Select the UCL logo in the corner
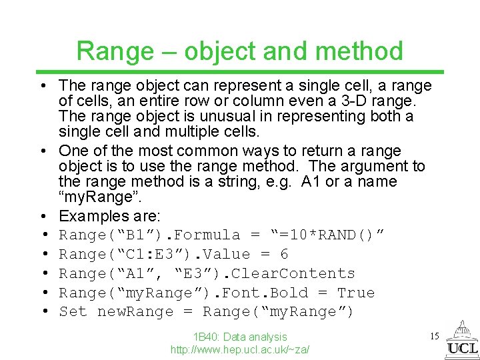462,339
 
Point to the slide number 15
434,336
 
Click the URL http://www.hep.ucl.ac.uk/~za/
240,349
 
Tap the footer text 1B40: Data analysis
240,337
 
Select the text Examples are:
109,216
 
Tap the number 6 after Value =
284,254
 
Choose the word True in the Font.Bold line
356,293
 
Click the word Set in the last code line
73,311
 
